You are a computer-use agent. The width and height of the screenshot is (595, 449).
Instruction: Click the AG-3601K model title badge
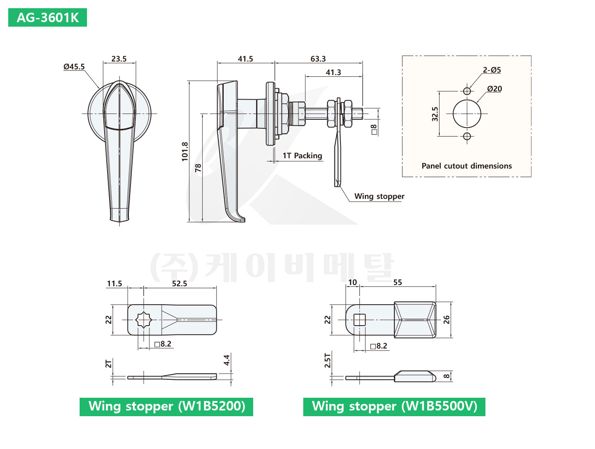[x=48, y=18]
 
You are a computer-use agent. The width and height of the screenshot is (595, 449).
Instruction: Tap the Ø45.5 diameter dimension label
[x=74, y=66]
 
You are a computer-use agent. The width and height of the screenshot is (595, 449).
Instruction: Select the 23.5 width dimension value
[x=119, y=59]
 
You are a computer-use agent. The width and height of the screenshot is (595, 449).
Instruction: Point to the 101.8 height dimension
[x=185, y=151]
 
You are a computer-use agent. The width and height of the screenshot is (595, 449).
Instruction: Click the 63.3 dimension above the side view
[x=318, y=59]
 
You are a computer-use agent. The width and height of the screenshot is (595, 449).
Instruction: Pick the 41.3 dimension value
[x=333, y=72]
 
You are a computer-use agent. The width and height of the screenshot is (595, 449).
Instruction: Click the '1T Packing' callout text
[x=302, y=155]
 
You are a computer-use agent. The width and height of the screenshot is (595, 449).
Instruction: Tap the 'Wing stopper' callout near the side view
[x=379, y=196]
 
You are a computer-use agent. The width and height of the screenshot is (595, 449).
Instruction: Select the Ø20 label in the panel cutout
[x=494, y=89]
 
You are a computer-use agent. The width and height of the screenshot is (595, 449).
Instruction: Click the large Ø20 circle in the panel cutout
[x=467, y=114]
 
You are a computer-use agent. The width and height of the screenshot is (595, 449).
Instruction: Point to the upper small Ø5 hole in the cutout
[x=467, y=91]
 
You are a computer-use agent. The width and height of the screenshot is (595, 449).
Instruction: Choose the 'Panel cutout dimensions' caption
[x=467, y=166]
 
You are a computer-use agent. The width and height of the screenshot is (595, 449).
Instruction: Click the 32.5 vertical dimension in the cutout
[x=435, y=114]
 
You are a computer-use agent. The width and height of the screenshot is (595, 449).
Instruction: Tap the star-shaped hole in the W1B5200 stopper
[x=144, y=319]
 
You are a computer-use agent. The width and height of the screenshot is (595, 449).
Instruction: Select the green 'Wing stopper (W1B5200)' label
[x=166, y=406]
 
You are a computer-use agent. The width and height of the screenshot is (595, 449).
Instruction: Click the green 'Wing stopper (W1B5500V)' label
[x=394, y=406]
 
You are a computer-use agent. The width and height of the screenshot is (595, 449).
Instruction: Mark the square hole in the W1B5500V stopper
[x=359, y=320]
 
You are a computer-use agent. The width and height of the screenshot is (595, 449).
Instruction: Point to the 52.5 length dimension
[x=179, y=283]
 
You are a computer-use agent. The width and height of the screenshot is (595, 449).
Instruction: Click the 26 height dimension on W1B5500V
[x=446, y=319]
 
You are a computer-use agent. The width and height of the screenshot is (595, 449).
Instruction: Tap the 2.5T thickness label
[x=327, y=360]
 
